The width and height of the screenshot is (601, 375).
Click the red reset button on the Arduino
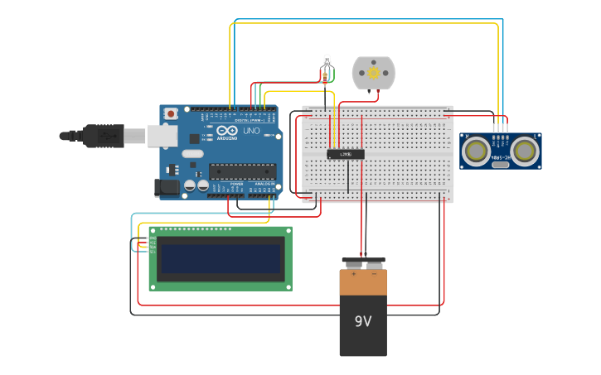point(171,113)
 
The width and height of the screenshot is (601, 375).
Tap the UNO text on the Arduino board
point(250,131)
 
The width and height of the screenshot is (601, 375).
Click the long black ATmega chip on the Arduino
point(242,171)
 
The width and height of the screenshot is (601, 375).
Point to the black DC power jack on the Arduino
point(167,188)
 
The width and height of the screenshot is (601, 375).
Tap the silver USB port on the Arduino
point(162,136)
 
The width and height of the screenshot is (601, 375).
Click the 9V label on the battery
point(363,321)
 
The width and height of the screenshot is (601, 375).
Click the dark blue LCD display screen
point(221,258)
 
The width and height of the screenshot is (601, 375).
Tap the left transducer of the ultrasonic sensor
point(476,151)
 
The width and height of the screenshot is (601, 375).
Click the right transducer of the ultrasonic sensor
point(525,151)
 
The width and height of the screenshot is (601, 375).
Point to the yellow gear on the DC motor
point(373,73)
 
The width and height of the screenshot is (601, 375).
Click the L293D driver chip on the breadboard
point(346,154)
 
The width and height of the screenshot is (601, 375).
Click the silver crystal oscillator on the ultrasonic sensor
point(501,165)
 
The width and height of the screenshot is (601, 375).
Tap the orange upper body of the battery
point(363,282)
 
